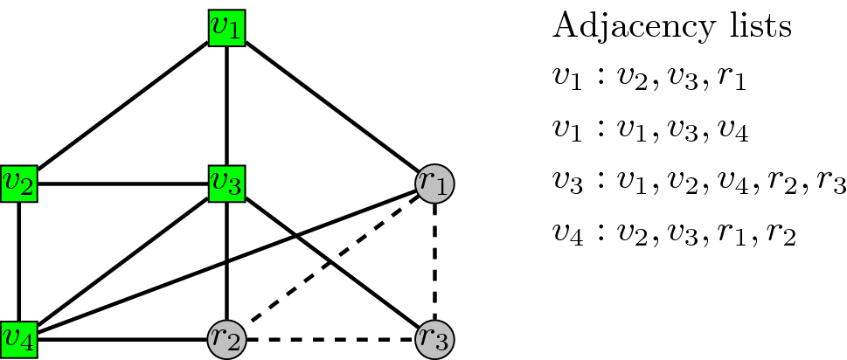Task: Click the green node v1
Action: pyautogui.click(x=227, y=28)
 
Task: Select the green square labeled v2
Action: pyautogui.click(x=18, y=183)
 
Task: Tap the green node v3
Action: pyautogui.click(x=227, y=183)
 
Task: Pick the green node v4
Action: pyautogui.click(x=18, y=337)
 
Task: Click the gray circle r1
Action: pyautogui.click(x=435, y=183)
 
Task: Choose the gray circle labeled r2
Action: pyautogui.click(x=226, y=337)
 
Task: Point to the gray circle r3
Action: pyautogui.click(x=435, y=337)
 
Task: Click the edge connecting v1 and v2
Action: pyautogui.click(x=122, y=105)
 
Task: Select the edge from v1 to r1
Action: pyautogui.click(x=332, y=106)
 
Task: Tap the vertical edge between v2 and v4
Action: pyautogui.click(x=18, y=260)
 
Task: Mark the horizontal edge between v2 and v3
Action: pyautogui.click(x=122, y=183)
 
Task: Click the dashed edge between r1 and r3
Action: pyautogui.click(x=435, y=260)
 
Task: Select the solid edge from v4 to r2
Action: pyautogui.click(x=122, y=337)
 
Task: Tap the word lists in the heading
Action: pyautogui.click(x=760, y=26)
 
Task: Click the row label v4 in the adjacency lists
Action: pyautogui.click(x=566, y=237)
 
